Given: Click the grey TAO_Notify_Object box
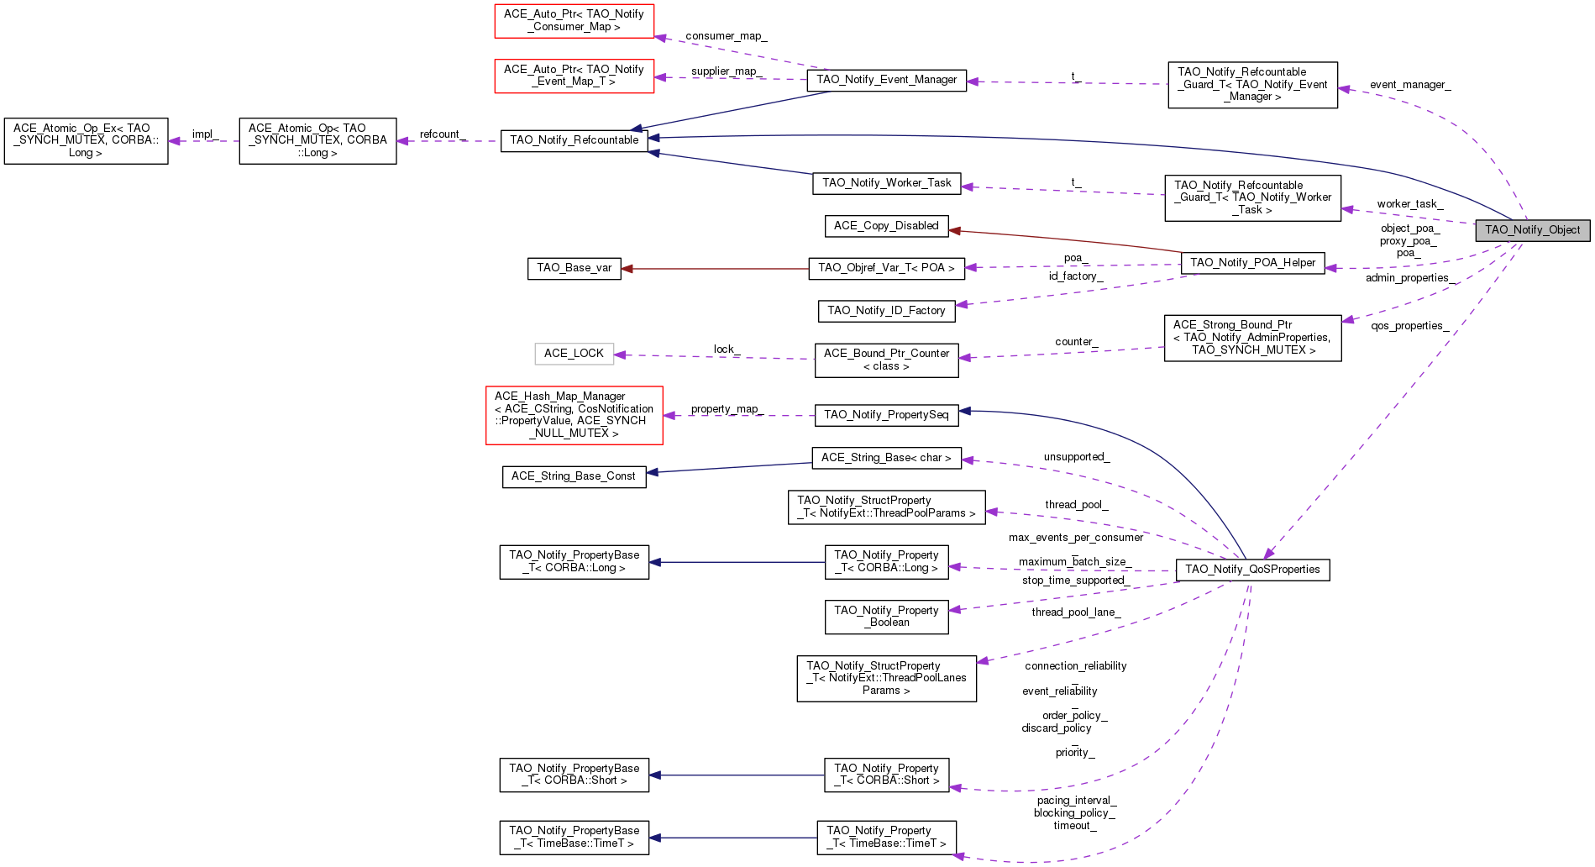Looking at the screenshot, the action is pyautogui.click(x=1532, y=230).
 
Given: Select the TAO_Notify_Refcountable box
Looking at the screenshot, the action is pyautogui.click(x=574, y=140).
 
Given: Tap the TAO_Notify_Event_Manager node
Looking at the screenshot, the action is pyautogui.click(x=886, y=80).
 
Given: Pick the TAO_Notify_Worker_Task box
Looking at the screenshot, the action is pyautogui.click(x=886, y=183).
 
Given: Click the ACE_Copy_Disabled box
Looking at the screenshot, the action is pyautogui.click(x=886, y=226).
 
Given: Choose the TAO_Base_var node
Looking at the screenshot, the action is pyautogui.click(x=575, y=268).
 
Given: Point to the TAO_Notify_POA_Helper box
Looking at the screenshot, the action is pyautogui.click(x=1252, y=263).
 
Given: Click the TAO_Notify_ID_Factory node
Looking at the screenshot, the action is pyautogui.click(x=886, y=311).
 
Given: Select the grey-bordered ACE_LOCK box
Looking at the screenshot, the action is pyautogui.click(x=574, y=354).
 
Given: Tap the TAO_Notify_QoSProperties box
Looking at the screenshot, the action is pyautogui.click(x=1252, y=570).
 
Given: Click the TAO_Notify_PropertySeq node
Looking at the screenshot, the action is pyautogui.click(x=886, y=415).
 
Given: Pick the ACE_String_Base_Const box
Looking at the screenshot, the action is pyautogui.click(x=574, y=476).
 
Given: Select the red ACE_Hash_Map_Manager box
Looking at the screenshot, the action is pyautogui.click(x=575, y=415).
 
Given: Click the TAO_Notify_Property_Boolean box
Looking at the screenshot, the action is pyautogui.click(x=886, y=617).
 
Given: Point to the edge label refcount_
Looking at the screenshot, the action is pyautogui.click(x=443, y=134).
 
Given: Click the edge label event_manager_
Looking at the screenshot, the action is pyautogui.click(x=1410, y=85).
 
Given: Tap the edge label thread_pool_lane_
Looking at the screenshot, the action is pyautogui.click(x=1076, y=612).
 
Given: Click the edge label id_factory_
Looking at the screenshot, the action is pyautogui.click(x=1076, y=276).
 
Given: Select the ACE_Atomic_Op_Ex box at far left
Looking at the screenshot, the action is pyautogui.click(x=86, y=140).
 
